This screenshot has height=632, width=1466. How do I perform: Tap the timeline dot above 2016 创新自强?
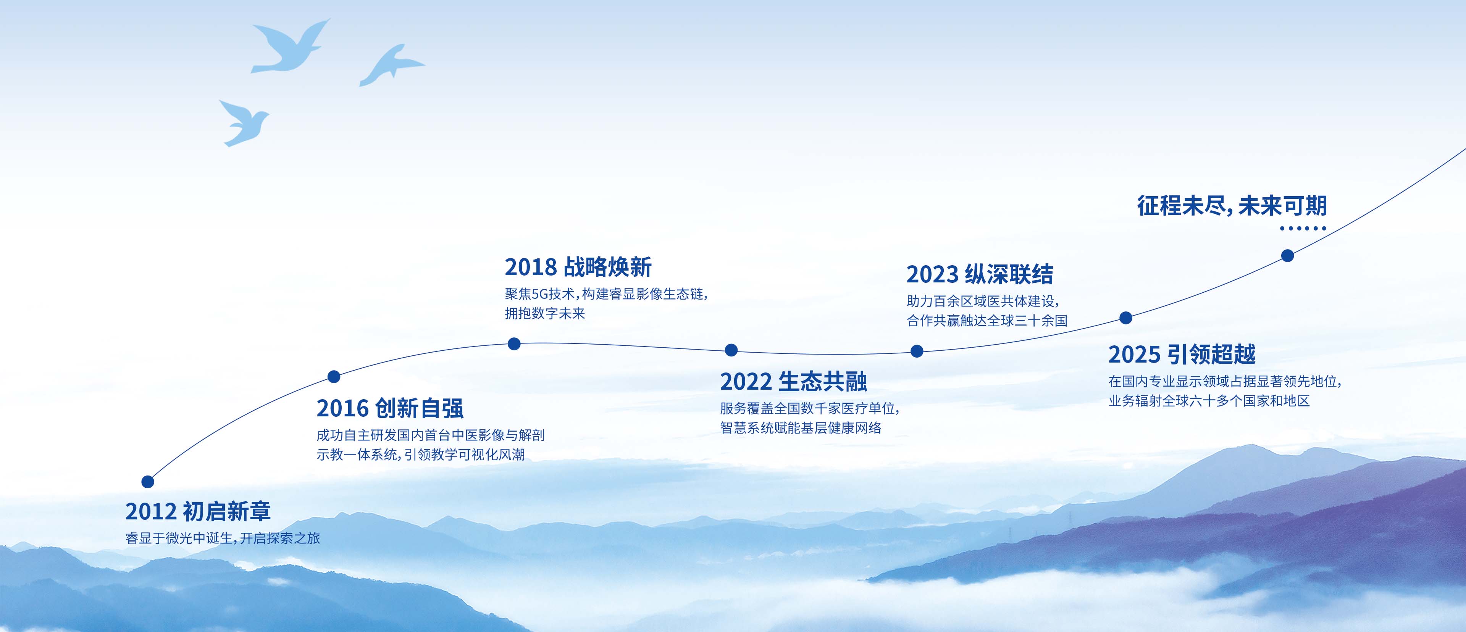(334, 377)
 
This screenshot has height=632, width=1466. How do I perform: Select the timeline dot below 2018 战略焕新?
(514, 343)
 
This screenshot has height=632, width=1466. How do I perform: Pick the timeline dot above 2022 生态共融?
(731, 350)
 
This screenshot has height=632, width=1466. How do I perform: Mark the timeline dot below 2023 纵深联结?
(917, 351)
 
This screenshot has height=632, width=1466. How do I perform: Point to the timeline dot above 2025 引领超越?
(1126, 318)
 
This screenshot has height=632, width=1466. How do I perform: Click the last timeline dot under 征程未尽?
(1287, 255)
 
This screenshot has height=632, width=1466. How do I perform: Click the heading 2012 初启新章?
(198, 511)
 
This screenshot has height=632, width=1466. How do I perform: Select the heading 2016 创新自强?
(390, 408)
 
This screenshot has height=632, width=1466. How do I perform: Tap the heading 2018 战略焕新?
(578, 267)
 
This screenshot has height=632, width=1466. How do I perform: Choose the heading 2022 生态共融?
(793, 382)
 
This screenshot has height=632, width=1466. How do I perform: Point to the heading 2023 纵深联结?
(980, 274)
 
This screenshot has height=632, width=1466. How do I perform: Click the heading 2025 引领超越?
(1182, 355)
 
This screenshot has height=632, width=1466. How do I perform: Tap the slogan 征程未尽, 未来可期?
(1232, 205)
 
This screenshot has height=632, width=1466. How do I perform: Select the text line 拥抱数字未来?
(545, 313)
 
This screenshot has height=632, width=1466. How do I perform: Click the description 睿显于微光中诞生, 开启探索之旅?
(223, 538)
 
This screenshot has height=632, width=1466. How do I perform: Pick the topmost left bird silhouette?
(290, 48)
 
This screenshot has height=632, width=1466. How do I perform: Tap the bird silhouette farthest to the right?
(392, 65)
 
